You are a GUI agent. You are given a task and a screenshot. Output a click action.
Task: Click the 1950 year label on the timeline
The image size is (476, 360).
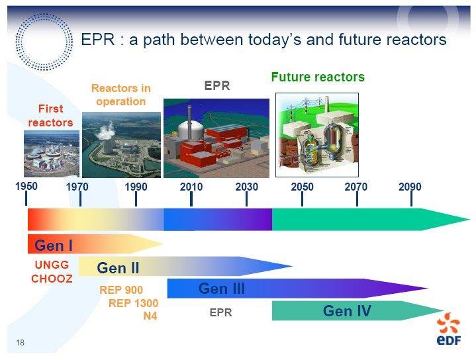coord(26,186)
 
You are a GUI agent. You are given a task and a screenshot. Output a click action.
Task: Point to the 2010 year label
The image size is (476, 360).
coord(191,187)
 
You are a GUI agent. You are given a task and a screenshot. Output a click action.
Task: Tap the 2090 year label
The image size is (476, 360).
coord(410,187)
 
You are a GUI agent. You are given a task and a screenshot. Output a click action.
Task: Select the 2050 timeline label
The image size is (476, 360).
coord(302,187)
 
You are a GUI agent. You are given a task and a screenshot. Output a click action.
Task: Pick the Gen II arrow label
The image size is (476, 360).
coord(118,268)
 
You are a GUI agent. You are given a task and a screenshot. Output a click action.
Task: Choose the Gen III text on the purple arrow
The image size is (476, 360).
coord(222,289)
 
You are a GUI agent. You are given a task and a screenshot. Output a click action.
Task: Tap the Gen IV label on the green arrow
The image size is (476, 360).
coord(347,311)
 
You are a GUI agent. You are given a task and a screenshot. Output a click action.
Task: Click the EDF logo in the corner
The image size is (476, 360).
coord(449,330)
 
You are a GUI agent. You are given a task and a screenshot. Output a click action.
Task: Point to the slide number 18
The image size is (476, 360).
coord(20,343)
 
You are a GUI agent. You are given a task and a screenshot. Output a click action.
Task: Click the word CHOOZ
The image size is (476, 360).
coord(52,279)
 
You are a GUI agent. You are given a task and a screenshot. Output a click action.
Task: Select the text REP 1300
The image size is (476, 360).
coord(133,303)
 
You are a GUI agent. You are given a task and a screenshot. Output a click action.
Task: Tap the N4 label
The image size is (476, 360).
coord(150,316)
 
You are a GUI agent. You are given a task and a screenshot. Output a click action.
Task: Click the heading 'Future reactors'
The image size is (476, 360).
coord(318,77)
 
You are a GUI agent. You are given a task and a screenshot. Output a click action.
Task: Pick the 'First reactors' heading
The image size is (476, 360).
coord(50,116)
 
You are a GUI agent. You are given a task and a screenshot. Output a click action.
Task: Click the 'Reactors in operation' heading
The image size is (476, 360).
coord(121,95)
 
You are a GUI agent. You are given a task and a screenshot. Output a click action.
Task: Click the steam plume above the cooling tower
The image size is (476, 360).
coord(106,131)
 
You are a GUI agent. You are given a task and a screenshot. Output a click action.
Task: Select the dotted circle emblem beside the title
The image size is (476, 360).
coord(44,42)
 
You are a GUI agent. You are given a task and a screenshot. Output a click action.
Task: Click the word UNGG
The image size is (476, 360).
coord(52,265)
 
